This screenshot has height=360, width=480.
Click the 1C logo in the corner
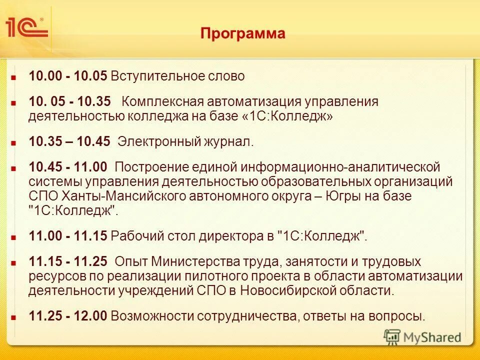(x=26, y=27)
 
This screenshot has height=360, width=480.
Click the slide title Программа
(x=243, y=33)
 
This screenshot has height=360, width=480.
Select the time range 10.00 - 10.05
(x=68, y=76)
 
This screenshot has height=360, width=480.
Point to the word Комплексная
(x=160, y=102)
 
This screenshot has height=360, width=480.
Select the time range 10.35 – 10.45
(x=69, y=141)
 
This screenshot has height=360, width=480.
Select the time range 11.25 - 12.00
(x=68, y=316)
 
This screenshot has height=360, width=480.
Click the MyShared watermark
(x=422, y=336)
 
